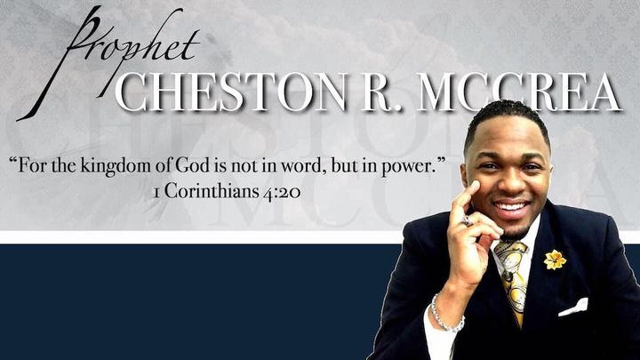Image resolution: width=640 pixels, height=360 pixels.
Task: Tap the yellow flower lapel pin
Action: (555, 260)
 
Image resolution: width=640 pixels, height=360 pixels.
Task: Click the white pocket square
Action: (573, 308)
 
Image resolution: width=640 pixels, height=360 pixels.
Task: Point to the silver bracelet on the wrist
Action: (444, 316)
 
